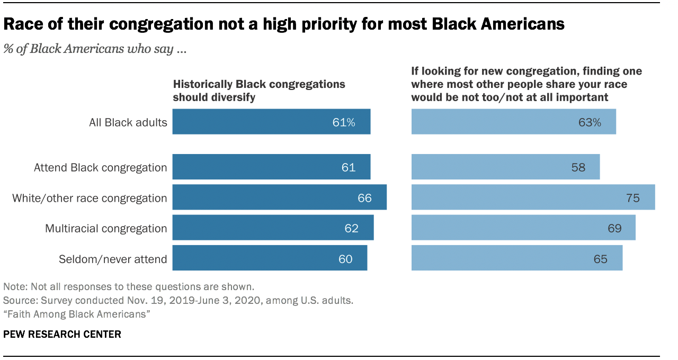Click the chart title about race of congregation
click(x=284, y=24)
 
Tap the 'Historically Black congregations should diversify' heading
click(x=259, y=91)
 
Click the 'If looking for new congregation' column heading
click(x=527, y=84)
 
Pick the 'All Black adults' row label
click(x=128, y=122)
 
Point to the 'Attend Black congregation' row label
click(x=100, y=167)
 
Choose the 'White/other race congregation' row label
click(x=90, y=198)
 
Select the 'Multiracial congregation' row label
click(x=106, y=228)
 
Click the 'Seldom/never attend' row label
click(x=113, y=259)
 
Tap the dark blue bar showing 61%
click(x=271, y=122)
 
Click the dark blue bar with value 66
click(x=279, y=198)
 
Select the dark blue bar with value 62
click(x=273, y=228)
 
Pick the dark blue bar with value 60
click(x=270, y=259)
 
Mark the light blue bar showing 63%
click(x=513, y=122)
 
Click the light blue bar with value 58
click(x=505, y=167)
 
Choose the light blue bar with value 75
click(x=533, y=198)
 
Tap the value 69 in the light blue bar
click(x=614, y=228)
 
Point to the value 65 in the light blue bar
click(x=600, y=259)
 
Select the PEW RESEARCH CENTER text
click(x=62, y=334)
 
